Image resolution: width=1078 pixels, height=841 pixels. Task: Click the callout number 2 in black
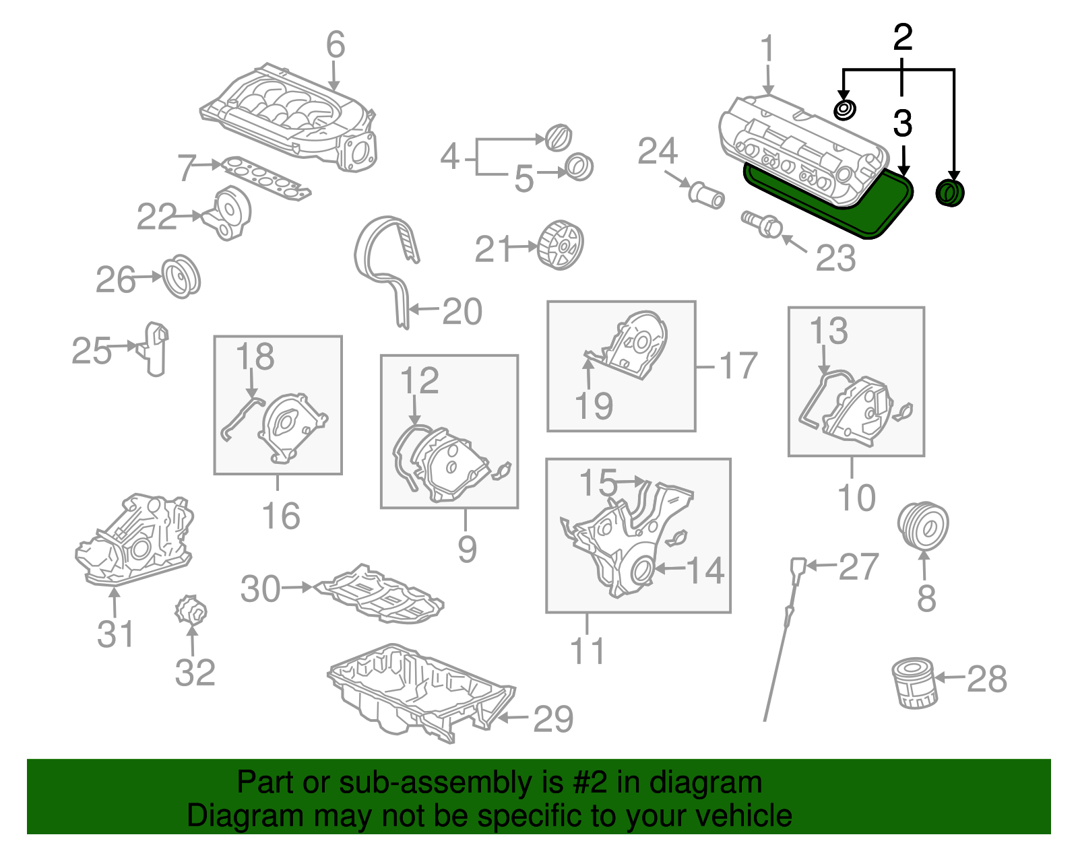pos(902,38)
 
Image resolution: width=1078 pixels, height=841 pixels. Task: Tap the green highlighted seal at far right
pos(950,193)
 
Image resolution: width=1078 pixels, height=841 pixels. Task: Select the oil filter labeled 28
pos(914,683)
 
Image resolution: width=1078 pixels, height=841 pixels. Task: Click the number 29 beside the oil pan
pos(553,719)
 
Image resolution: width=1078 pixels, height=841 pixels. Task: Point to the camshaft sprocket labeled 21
pos(561,245)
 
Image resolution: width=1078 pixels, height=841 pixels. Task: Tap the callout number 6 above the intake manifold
pos(336,45)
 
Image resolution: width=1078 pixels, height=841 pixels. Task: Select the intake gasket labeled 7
pos(266,178)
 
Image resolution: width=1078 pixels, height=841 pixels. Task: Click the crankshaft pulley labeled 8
pos(923,526)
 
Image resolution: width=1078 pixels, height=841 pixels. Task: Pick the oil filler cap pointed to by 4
pos(558,138)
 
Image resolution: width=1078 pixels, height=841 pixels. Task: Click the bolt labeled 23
pos(761,224)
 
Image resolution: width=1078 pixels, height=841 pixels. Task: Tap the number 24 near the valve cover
pos(658,152)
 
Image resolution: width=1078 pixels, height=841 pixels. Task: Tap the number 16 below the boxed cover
pos(280,516)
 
